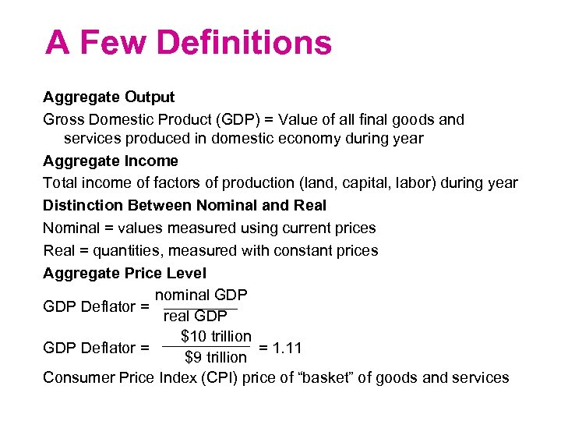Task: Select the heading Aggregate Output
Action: pos(109,97)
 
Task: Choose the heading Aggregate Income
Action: pos(111,161)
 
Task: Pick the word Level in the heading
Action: pos(187,274)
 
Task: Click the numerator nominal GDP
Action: pos(201,295)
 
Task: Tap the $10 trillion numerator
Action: pos(216,337)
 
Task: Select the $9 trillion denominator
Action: pos(216,358)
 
